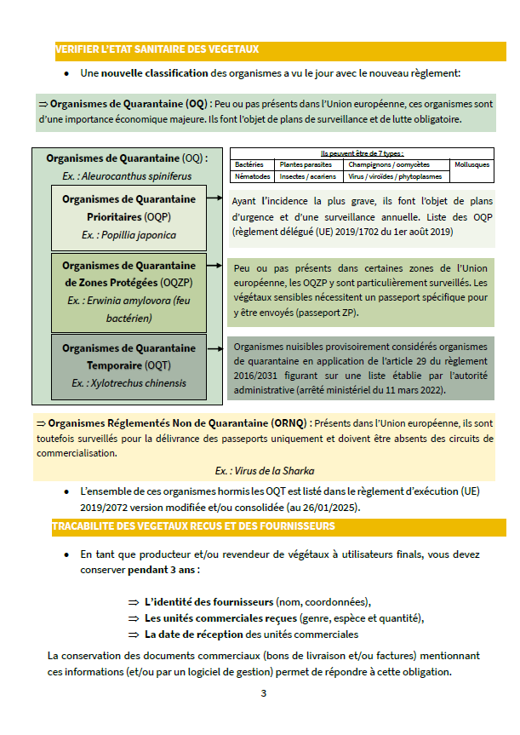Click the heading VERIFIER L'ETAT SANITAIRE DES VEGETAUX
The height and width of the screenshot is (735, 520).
[157, 50]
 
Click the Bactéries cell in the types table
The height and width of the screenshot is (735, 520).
[249, 164]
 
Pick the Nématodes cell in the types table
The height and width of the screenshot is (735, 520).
[252, 177]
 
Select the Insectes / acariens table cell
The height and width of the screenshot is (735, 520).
[308, 177]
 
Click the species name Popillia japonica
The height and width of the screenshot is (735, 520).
[129, 235]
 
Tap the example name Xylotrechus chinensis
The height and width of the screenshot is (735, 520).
[129, 383]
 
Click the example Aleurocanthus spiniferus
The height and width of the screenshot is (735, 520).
[127, 176]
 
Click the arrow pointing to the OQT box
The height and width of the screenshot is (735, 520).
[217, 347]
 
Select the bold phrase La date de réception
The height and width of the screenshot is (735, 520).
[194, 635]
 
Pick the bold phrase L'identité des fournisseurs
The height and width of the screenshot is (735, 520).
[209, 600]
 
